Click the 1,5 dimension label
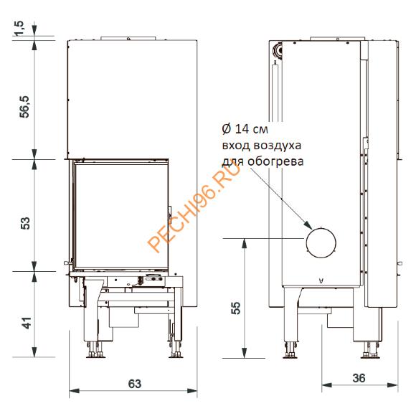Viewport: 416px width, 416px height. [20, 28]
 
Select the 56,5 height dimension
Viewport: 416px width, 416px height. [24, 107]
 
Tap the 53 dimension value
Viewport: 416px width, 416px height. [25, 223]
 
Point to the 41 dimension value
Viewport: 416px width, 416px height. [27, 323]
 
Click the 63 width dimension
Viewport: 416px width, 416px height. [135, 384]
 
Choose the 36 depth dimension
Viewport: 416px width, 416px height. [359, 378]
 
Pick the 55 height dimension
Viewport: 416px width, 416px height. [235, 308]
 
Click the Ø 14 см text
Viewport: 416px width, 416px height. [245, 129]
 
